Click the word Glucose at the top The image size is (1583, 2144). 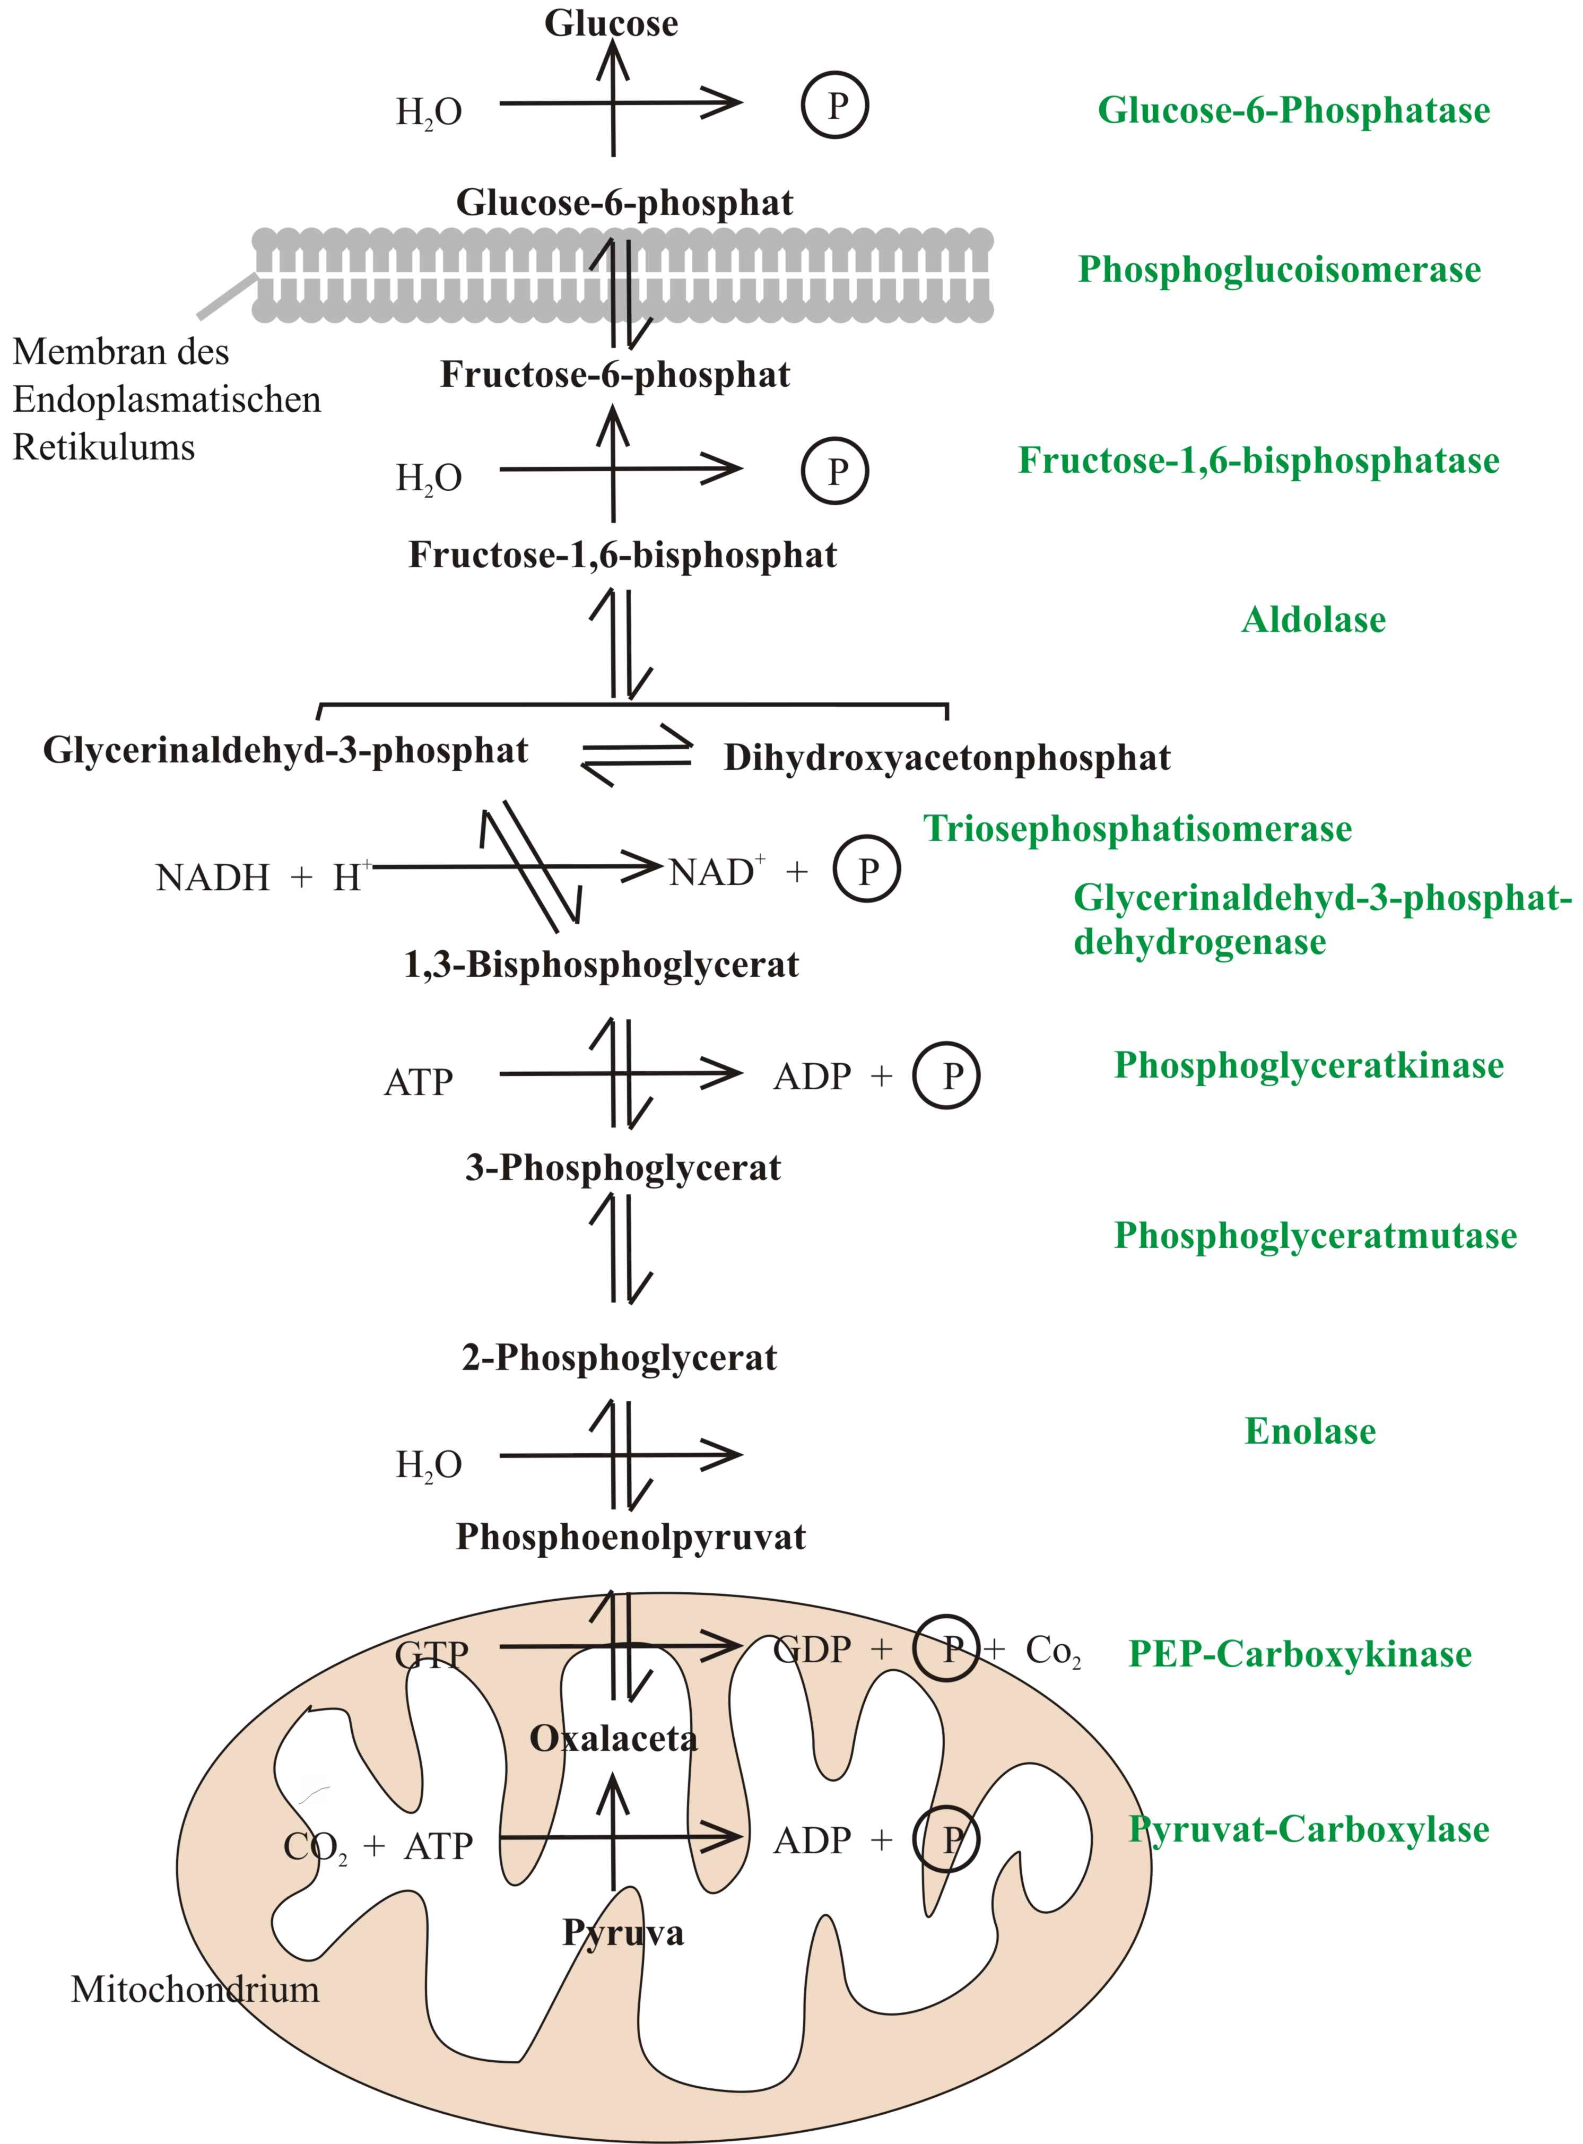tap(611, 23)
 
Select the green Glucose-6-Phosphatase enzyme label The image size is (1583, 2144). tap(1293, 110)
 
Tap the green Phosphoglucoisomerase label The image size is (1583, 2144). tap(1279, 270)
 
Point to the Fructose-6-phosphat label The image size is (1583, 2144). tap(615, 375)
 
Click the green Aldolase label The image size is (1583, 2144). tap(1313, 620)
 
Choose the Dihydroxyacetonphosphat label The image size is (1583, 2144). tap(947, 757)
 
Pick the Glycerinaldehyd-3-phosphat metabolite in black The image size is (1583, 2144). tap(285, 750)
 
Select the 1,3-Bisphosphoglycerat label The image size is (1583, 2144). tap(601, 964)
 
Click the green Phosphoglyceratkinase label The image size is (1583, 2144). tap(1308, 1065)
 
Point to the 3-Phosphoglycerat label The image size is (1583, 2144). tap(623, 1167)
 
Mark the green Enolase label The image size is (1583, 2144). tap(1310, 1431)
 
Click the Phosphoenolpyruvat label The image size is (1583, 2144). tap(631, 1537)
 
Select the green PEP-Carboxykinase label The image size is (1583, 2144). tap(1299, 1654)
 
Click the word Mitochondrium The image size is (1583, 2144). tap(195, 1990)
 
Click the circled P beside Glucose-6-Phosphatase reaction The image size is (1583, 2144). tap(836, 106)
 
